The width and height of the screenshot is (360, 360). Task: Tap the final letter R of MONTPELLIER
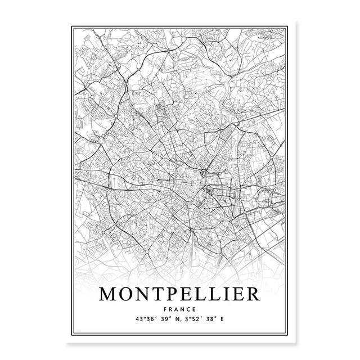click(x=251, y=294)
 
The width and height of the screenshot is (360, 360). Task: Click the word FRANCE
click(x=180, y=309)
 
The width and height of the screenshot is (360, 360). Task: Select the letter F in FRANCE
click(x=166, y=309)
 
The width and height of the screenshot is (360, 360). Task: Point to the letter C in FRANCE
click(x=188, y=309)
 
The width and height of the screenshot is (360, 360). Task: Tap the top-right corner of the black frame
click(x=287, y=25)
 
